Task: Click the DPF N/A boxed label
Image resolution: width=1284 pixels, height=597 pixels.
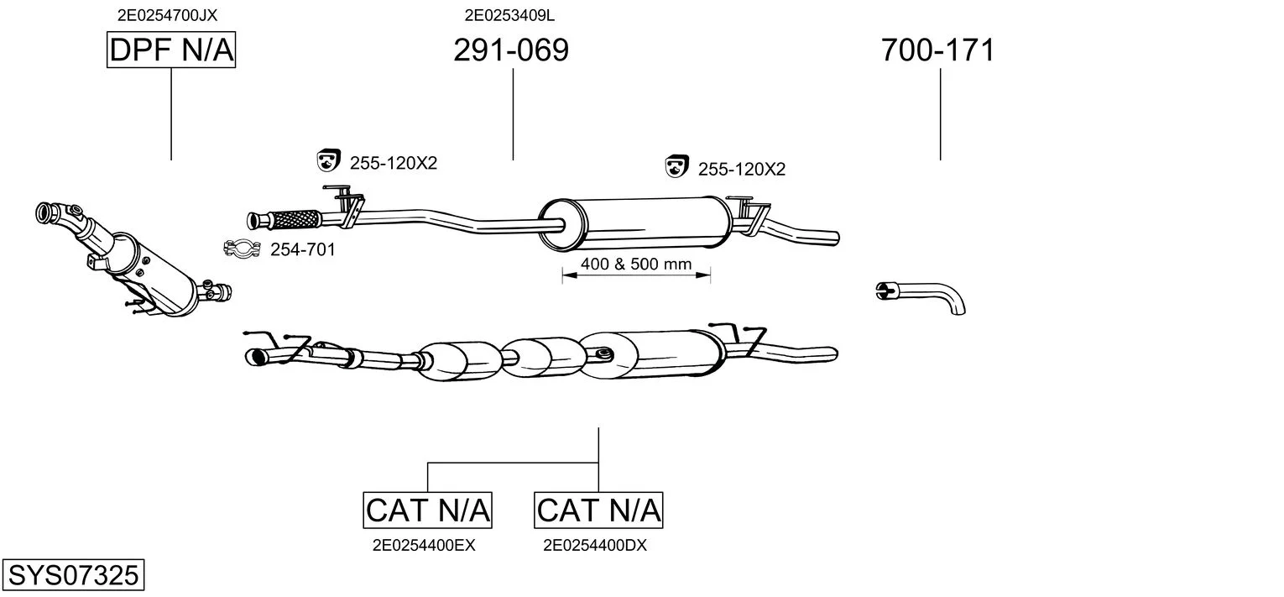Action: tap(171, 50)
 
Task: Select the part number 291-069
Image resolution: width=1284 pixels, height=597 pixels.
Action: tap(510, 50)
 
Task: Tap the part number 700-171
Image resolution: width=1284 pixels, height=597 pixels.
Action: tap(937, 50)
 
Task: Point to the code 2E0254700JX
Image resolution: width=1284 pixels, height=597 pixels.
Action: tap(167, 14)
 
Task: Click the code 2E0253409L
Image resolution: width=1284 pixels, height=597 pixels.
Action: tap(509, 14)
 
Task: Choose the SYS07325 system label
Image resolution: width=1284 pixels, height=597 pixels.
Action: tap(72, 576)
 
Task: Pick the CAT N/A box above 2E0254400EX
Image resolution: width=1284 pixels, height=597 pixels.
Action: tap(428, 510)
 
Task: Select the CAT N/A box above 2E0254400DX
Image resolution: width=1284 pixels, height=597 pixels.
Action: tap(598, 510)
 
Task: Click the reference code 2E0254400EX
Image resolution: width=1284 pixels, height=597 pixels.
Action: tap(424, 545)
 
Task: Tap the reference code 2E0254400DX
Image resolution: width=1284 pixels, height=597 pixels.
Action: tap(595, 545)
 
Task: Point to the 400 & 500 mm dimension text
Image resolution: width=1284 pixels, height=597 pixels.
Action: tap(636, 264)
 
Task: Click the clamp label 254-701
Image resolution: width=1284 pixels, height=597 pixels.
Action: tap(302, 249)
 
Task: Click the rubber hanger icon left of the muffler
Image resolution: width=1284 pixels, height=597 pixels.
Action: tap(327, 160)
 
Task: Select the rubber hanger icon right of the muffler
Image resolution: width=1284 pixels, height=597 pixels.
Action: tap(676, 166)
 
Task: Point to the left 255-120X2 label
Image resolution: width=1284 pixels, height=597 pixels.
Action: tap(393, 164)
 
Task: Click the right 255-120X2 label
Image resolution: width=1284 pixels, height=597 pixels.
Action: tap(741, 170)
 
